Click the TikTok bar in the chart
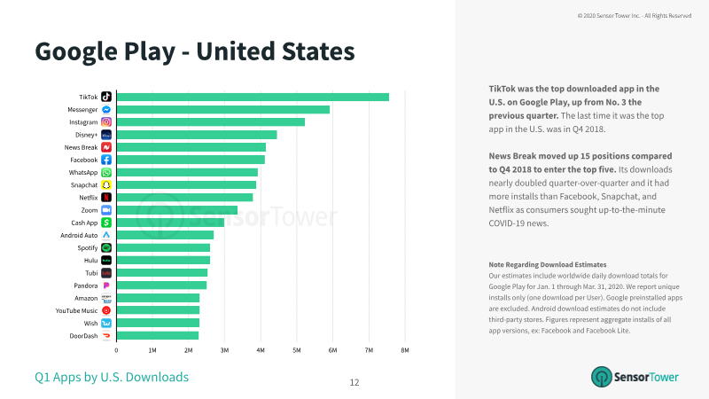[253, 97]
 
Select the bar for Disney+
[197, 135]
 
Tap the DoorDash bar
[158, 336]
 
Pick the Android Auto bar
[165, 235]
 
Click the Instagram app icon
[106, 122]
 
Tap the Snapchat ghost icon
[106, 185]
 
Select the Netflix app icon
[106, 198]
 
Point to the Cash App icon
[106, 223]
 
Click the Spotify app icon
[106, 248]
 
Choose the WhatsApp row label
[83, 172]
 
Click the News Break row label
[81, 147]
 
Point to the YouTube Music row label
[76, 311]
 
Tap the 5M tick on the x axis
[297, 350]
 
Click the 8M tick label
[405, 350]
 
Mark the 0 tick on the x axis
[116, 350]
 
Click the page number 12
[354, 383]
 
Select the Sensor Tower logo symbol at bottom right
[602, 377]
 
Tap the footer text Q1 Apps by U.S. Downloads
[112, 377]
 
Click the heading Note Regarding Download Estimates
[548, 264]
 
